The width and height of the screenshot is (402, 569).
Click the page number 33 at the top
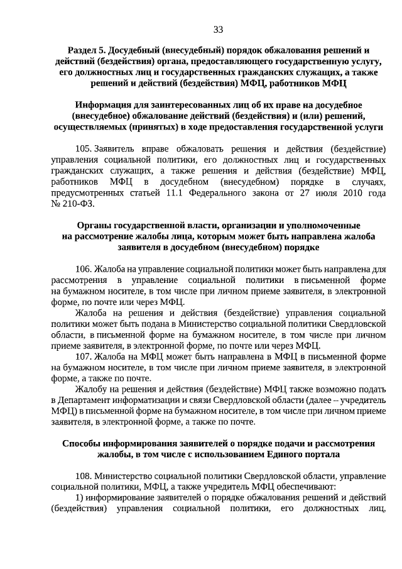[218, 30]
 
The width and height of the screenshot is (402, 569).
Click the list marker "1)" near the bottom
[79, 498]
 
